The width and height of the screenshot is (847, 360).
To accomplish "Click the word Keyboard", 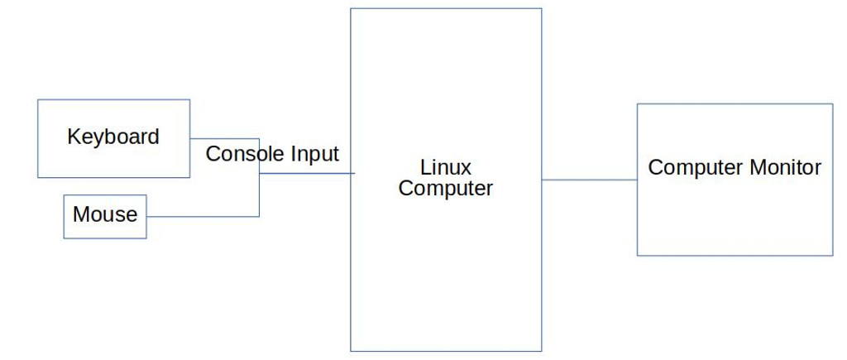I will tap(113, 137).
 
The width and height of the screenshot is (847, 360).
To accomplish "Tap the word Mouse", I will tap(105, 214).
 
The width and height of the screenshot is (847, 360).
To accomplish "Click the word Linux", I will tap(445, 168).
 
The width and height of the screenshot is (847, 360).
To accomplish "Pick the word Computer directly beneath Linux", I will tap(445, 188).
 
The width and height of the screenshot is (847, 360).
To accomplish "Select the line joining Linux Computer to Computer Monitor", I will tap(589, 180).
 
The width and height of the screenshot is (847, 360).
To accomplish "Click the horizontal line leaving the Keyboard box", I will tap(223, 139).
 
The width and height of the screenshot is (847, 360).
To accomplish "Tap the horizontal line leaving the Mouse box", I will tap(203, 217).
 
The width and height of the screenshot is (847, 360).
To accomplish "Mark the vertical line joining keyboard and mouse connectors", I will tap(259, 194).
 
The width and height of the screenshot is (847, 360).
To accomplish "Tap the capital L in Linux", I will tap(424, 168).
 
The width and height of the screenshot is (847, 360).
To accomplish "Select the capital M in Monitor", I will tap(756, 167).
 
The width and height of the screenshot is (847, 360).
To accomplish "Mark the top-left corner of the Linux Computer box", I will tap(351, 8).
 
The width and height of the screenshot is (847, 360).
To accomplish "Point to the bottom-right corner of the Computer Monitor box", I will tap(833, 255).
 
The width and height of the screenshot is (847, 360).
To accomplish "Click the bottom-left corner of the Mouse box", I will tap(64, 238).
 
